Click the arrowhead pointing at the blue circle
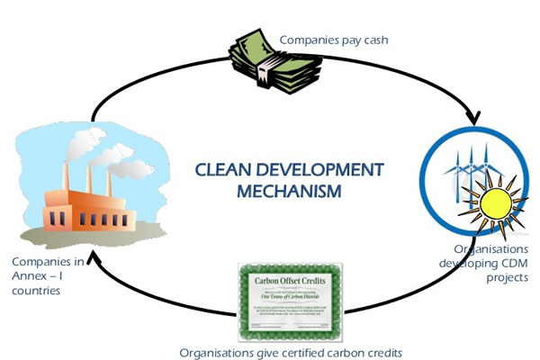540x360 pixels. click(472, 120)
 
